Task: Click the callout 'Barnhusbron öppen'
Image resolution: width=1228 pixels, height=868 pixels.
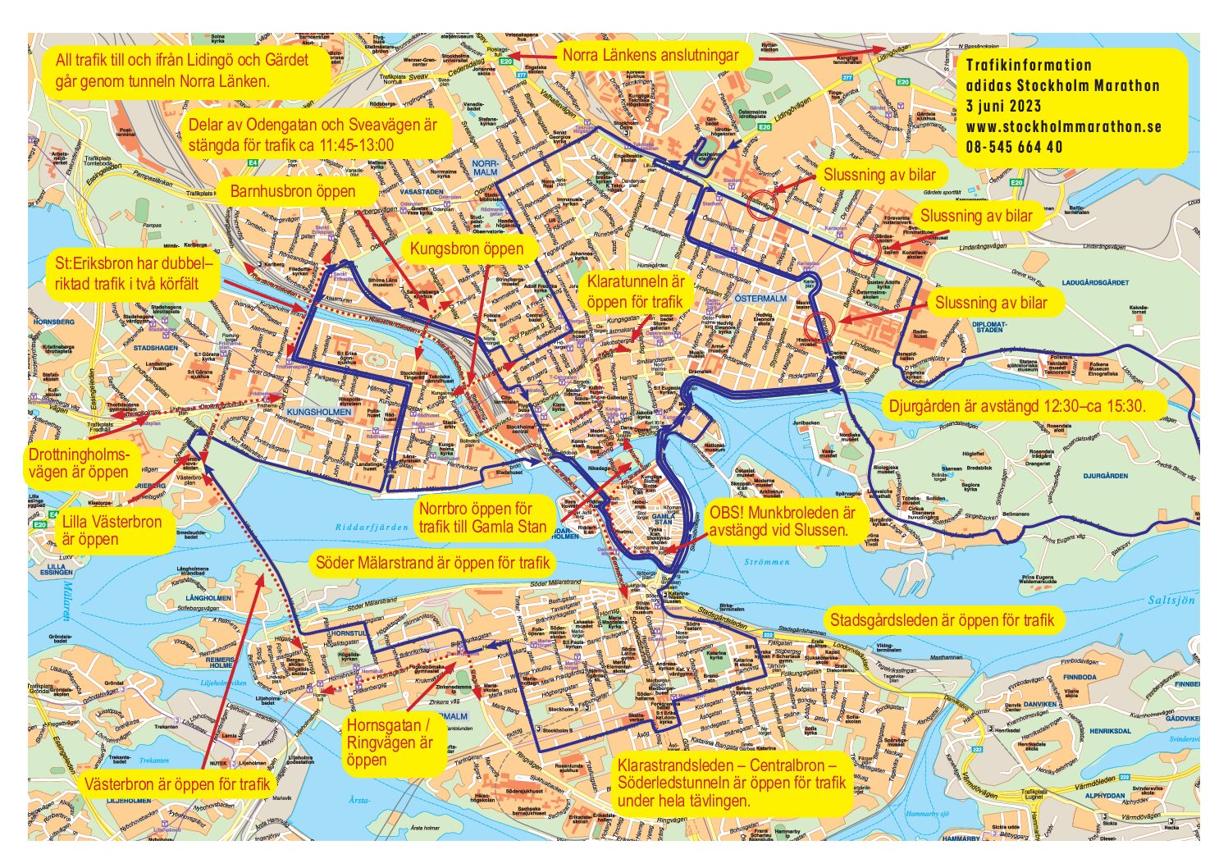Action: [x=292, y=192]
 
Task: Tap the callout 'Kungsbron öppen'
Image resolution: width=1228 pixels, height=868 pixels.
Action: [x=466, y=249]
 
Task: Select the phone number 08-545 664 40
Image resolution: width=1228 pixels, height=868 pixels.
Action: [x=1014, y=148]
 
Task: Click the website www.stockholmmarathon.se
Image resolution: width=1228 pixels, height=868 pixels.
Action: [x=1063, y=127]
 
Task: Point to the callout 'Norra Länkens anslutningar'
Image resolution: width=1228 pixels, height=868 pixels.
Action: [x=650, y=56]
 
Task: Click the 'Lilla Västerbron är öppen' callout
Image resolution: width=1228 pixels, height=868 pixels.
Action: [x=112, y=531]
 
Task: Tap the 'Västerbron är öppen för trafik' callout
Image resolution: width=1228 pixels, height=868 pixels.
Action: [x=176, y=784]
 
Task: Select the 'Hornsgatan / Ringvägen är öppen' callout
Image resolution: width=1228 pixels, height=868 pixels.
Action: [x=390, y=742]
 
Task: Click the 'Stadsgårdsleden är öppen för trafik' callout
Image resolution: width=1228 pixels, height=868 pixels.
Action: [x=942, y=620]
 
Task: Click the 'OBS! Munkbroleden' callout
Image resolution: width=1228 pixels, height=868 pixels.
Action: [x=782, y=522]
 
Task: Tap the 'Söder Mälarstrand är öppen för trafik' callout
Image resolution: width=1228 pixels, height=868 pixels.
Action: [x=432, y=564]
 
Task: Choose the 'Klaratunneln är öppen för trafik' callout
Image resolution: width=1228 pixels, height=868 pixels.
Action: [x=635, y=292]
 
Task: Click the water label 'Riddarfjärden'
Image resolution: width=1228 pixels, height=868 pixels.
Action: [x=371, y=527]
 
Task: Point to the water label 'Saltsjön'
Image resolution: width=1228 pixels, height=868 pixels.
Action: [x=1171, y=601]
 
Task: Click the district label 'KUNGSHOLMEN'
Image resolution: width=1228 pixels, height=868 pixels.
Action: [x=319, y=411]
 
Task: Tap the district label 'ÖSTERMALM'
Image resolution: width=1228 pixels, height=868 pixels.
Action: [x=760, y=299]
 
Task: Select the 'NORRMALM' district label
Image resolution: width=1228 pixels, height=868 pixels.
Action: [x=485, y=168]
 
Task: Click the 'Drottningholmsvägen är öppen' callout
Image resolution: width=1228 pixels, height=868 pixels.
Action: [x=78, y=464]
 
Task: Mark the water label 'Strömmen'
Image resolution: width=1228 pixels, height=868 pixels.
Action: [x=767, y=562]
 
